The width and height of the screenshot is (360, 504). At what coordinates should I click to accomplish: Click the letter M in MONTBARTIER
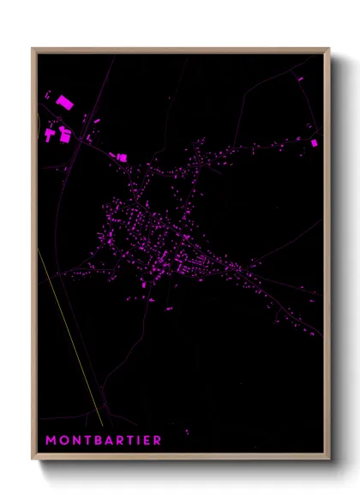click(51, 441)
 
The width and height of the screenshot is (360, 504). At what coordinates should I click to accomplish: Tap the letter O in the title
click(63, 441)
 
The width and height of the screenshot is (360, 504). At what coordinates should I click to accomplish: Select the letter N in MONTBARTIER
click(75, 441)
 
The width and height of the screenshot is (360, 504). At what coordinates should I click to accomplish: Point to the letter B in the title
click(97, 441)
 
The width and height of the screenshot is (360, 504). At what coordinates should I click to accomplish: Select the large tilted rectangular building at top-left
click(64, 102)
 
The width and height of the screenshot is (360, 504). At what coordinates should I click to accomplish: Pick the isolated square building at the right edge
click(314, 141)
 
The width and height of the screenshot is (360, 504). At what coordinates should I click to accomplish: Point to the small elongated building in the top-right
click(300, 79)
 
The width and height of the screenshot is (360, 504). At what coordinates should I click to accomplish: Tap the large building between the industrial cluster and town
click(121, 157)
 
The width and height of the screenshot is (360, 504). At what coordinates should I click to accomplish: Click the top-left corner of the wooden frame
click(33, 50)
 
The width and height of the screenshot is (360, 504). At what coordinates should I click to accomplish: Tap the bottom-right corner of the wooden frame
click(328, 459)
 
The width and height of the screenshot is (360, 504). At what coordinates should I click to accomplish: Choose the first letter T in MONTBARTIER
click(86, 441)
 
